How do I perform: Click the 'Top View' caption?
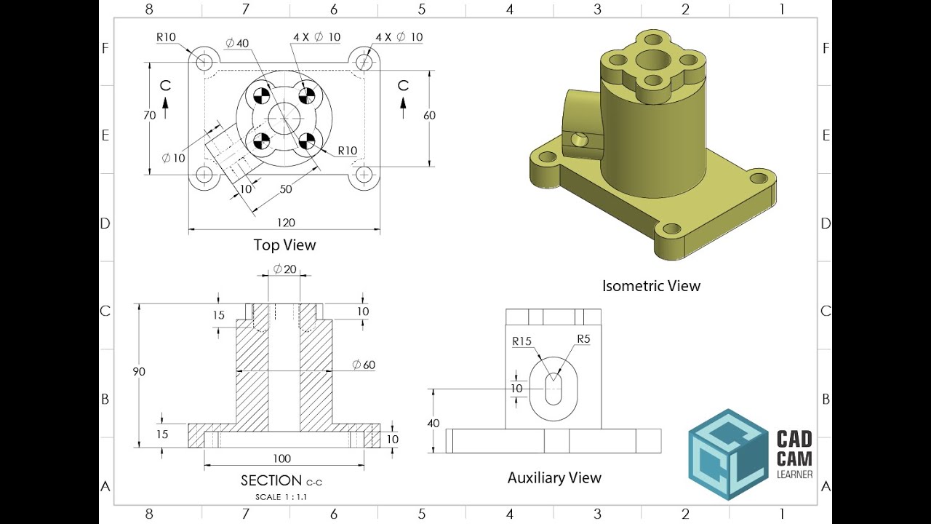[x=284, y=245]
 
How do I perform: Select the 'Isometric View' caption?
[x=651, y=286]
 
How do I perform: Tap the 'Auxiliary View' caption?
[x=554, y=478]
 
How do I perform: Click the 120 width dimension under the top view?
[x=286, y=223]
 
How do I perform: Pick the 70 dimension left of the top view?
[x=150, y=115]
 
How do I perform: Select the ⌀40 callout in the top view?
[x=237, y=43]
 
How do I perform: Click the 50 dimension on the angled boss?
[x=286, y=189]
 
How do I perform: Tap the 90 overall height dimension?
[x=139, y=372]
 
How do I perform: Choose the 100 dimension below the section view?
[x=282, y=458]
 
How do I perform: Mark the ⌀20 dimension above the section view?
[x=284, y=269]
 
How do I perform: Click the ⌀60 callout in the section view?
[x=364, y=365]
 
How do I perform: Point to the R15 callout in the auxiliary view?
[x=522, y=341]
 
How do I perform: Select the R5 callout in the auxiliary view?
[x=583, y=339]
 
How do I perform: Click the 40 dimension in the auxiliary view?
[x=433, y=424]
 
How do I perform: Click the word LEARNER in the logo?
[x=794, y=475]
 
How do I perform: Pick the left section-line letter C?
[x=165, y=86]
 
